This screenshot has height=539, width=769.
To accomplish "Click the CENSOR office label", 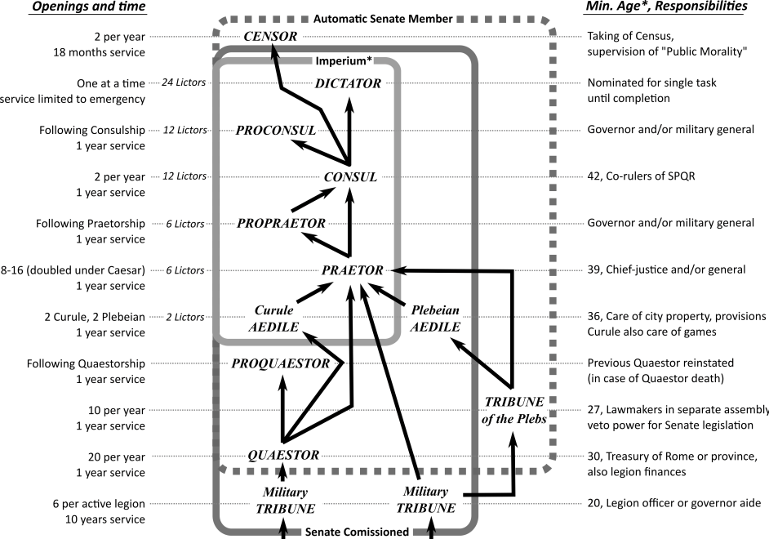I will (x=270, y=36).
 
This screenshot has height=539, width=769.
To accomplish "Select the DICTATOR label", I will (x=349, y=83).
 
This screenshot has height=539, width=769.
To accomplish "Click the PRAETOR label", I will (x=353, y=269).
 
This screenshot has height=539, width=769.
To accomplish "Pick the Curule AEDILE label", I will (x=275, y=318).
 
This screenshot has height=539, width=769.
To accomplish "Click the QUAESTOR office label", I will (x=283, y=455).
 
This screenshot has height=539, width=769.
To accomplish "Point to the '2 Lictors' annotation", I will (x=187, y=316).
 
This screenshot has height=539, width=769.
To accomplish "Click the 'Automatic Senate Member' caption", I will (x=382, y=17).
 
